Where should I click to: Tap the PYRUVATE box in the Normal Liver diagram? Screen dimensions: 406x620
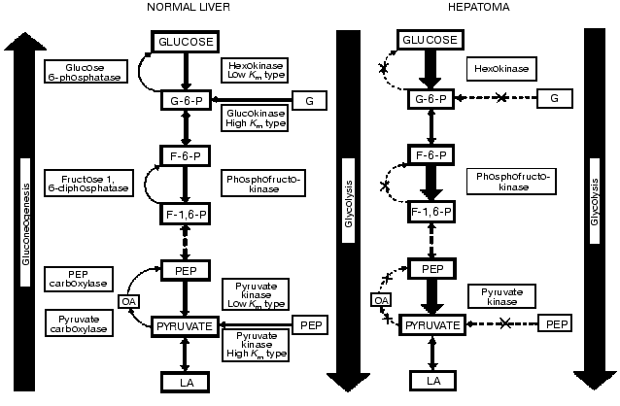coord(184,326)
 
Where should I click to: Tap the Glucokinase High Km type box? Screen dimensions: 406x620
coord(257,118)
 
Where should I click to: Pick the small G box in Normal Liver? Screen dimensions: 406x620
coord(309,100)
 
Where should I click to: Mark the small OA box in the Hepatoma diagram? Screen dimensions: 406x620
coord(380,300)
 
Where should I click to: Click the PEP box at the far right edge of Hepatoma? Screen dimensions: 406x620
coord(555,323)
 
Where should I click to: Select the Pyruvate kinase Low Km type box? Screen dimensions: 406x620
coord(257,293)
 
